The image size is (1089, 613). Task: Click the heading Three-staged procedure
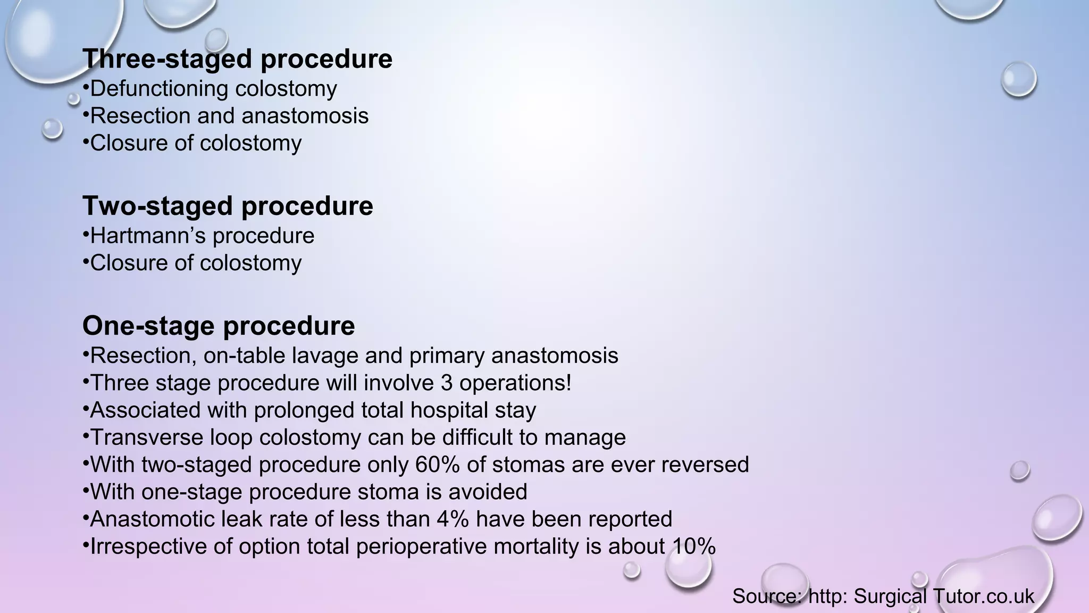(x=237, y=59)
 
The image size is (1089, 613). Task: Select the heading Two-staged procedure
(x=228, y=206)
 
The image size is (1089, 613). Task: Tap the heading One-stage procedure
(x=219, y=326)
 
